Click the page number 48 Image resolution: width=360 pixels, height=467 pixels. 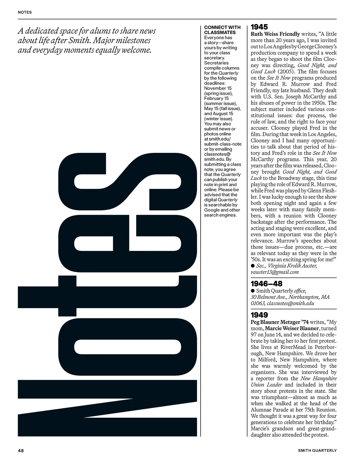21,450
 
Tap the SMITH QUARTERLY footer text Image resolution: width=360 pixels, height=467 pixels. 317,450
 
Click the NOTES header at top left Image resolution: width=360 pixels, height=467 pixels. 25,12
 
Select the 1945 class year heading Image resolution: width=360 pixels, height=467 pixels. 259,27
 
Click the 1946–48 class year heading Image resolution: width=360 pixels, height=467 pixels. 266,284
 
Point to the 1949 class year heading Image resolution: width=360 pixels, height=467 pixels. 259,315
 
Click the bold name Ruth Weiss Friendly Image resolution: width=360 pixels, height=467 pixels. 275,34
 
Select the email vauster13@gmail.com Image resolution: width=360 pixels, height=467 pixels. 275,272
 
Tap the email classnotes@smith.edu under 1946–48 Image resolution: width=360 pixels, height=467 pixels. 290,303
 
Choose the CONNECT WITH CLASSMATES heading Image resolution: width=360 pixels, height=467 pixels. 222,30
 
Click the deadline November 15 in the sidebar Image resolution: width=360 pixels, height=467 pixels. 218,88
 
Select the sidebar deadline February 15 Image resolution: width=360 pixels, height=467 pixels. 216,99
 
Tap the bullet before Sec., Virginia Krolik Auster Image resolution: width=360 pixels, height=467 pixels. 253,266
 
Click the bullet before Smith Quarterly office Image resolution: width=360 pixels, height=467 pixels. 253,291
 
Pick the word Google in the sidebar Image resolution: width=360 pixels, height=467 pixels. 212,210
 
